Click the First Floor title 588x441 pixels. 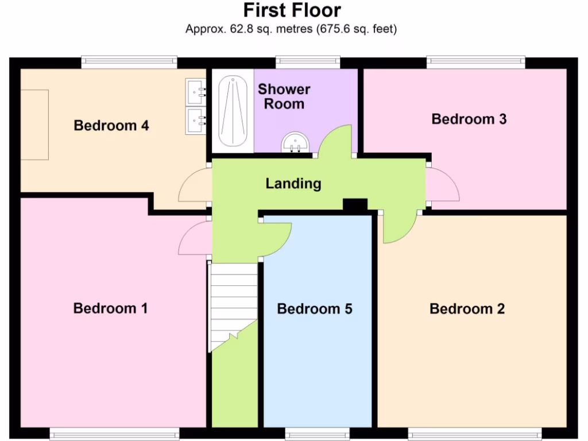[x=292, y=10]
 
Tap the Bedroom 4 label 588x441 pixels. [x=111, y=125]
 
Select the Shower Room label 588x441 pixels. [x=284, y=96]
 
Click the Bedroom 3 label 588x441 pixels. [x=469, y=119]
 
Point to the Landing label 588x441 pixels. [x=293, y=184]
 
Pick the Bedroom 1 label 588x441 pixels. [x=110, y=308]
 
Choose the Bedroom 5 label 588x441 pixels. [x=314, y=309]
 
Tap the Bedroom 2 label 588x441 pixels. [x=467, y=309]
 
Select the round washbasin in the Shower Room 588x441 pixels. [x=296, y=141]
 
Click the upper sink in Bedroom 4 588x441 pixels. [x=195, y=91]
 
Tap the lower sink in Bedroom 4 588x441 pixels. [x=195, y=121]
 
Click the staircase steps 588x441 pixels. [x=233, y=299]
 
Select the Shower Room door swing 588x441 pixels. [x=336, y=140]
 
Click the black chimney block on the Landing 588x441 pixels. [x=355, y=204]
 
